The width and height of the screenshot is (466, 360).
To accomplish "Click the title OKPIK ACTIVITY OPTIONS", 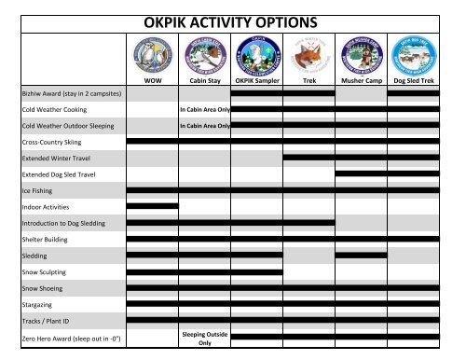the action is point(232,21).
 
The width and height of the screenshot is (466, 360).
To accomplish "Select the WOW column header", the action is point(152,81).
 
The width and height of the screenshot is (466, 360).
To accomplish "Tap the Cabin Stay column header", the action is point(204,81).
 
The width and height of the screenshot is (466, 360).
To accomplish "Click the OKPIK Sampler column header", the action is point(256,81).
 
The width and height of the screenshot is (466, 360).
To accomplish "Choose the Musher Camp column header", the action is point(361,81).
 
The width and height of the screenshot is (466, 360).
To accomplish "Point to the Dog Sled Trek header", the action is point(413,81).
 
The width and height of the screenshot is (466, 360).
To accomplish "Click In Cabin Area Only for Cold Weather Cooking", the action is point(204,109).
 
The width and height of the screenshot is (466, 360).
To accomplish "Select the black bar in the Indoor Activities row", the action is point(152,206).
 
